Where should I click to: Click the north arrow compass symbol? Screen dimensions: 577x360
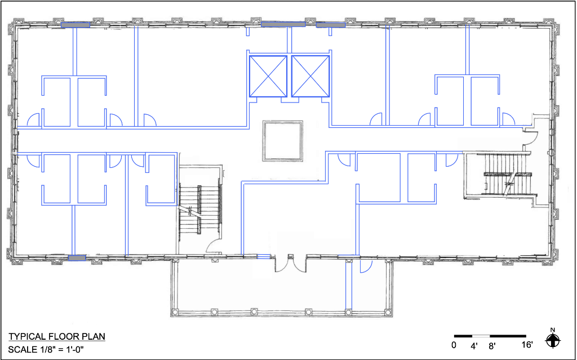552,341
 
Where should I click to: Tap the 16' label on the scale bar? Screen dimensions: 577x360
527,345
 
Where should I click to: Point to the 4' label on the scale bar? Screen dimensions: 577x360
473,346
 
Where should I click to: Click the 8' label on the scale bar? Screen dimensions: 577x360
491,346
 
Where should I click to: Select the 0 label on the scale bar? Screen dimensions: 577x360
454,345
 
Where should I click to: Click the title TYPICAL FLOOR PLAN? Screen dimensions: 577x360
57,336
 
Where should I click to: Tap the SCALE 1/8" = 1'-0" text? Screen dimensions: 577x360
46,349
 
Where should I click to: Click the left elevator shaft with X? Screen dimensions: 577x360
268,76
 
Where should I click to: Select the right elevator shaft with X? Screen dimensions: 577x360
310,76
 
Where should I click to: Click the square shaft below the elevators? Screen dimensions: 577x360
283,141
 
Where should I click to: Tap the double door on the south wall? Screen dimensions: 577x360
291,264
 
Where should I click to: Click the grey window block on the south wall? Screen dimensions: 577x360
77,258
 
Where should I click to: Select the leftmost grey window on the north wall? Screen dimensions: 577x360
76,25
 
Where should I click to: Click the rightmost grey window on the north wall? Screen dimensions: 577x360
331,25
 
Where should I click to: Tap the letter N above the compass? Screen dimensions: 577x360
552,330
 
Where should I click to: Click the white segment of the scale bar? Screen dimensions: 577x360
481,336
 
